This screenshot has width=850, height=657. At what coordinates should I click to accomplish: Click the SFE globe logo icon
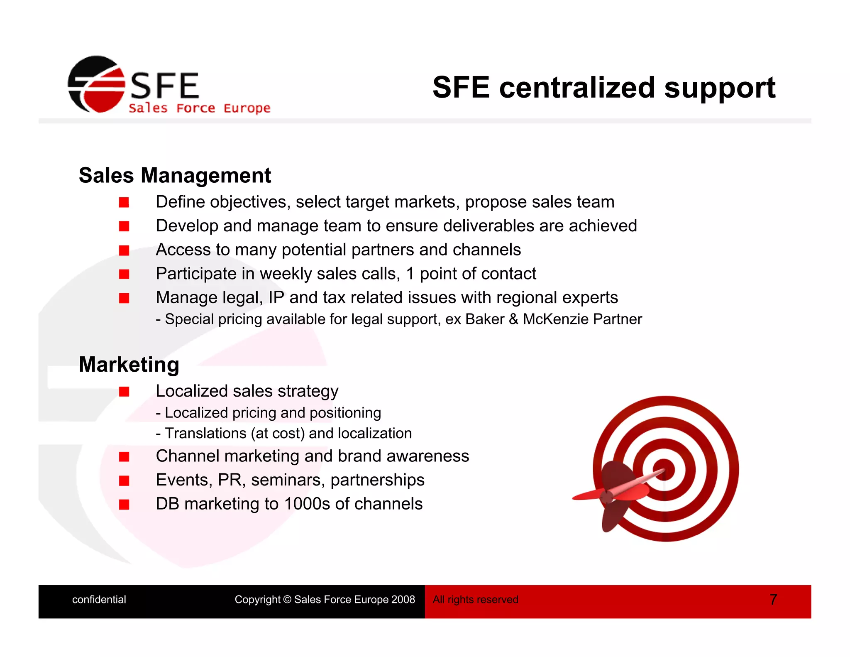coord(96,84)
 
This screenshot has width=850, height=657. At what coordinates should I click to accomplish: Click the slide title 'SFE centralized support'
coord(603,88)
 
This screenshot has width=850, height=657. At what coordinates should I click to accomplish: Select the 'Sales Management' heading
coord(175,175)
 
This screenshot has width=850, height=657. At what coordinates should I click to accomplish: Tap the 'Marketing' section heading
coord(129,365)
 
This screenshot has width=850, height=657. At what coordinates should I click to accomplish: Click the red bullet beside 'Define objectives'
coord(124,202)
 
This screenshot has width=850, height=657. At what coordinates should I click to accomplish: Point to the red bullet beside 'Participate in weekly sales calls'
coord(124,274)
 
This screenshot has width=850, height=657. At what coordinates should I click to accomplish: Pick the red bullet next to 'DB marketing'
coord(124,504)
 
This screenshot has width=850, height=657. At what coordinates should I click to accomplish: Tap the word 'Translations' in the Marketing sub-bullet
coord(205,433)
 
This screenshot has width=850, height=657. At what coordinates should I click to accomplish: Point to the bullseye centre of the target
coord(664,469)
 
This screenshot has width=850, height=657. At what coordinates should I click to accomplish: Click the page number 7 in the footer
coord(773,599)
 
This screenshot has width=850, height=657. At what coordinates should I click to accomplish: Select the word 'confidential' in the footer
coord(99,599)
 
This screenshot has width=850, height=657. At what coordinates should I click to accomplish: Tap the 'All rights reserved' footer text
coord(475,599)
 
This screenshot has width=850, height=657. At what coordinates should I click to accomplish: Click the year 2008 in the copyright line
coord(403,599)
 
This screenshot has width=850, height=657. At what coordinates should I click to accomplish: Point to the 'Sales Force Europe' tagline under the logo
coord(199,108)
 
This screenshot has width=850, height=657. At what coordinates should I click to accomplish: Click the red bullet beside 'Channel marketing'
coord(124,456)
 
